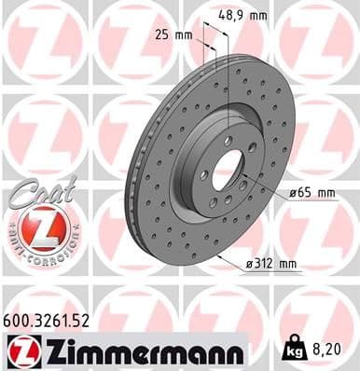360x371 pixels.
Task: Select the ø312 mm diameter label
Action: pos(274,264)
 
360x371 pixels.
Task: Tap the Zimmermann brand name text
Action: pos(141,350)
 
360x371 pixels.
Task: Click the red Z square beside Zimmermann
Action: pos(19,350)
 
